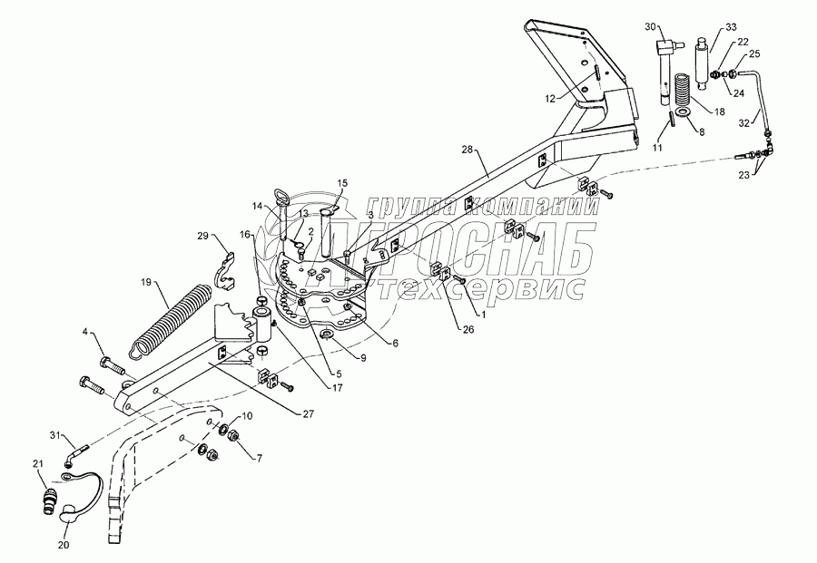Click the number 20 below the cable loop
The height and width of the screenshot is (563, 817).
pos(63,545)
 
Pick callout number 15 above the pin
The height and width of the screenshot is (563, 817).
pos(342,182)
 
